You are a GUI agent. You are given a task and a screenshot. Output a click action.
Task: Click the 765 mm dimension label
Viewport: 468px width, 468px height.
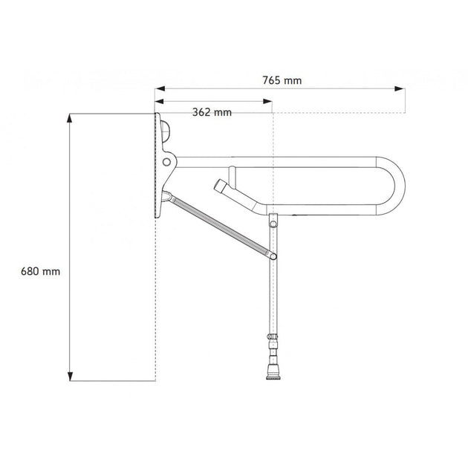point(282,80)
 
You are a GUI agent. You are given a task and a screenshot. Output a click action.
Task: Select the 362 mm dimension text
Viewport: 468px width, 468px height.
point(212,112)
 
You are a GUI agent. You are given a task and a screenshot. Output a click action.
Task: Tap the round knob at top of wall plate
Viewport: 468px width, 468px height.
point(166,131)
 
